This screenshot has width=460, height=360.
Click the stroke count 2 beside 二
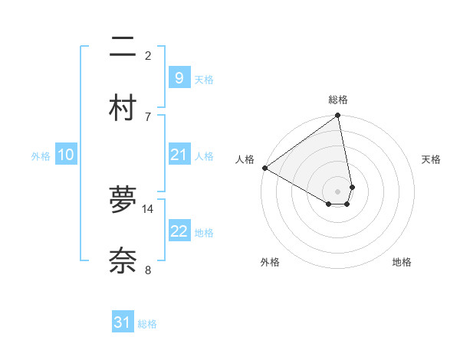(x=148, y=55)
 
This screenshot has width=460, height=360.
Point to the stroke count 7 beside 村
(x=148, y=116)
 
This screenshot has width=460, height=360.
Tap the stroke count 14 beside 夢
(x=148, y=208)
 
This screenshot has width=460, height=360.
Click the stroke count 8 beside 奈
(x=148, y=270)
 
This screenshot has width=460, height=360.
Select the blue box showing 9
(x=179, y=77)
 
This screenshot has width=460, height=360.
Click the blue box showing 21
(x=179, y=155)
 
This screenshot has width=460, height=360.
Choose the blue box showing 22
(x=179, y=231)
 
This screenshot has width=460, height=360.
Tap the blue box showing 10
(x=66, y=155)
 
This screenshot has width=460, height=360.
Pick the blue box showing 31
(x=123, y=322)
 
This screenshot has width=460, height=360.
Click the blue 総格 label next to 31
(x=147, y=324)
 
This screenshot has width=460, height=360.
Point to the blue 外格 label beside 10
(x=41, y=156)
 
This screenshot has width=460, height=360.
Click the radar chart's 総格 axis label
(x=338, y=100)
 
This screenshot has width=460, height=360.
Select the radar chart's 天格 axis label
(x=431, y=159)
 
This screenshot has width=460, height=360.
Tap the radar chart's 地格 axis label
(x=402, y=262)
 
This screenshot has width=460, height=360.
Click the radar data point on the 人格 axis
(x=264, y=168)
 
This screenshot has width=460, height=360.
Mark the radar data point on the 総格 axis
(x=338, y=116)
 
